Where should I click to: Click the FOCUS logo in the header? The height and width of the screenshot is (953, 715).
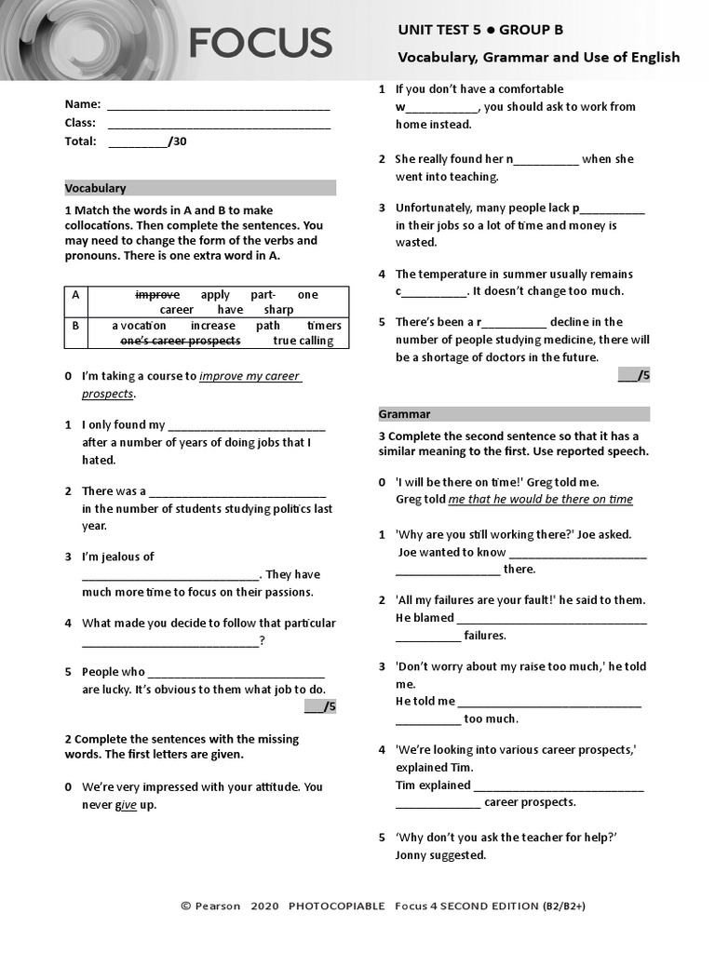(x=260, y=43)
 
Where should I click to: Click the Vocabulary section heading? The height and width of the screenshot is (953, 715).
(x=95, y=188)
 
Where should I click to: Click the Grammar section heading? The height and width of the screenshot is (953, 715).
(x=404, y=414)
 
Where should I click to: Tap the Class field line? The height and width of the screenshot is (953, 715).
(x=219, y=125)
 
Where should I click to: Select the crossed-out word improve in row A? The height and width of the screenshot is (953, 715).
(x=157, y=294)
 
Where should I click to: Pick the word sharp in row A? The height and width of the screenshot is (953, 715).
(x=277, y=309)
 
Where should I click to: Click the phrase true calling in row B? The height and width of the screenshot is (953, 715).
(x=303, y=341)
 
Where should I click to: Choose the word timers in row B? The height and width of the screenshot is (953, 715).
(x=324, y=326)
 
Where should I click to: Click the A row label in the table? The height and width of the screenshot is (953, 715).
(x=75, y=294)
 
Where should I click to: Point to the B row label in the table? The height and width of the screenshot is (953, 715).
(x=75, y=326)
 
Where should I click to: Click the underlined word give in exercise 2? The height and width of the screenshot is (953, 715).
(x=126, y=805)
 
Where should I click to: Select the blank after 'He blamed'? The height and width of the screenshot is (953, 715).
(x=552, y=619)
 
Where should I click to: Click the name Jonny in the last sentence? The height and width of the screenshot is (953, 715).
(x=411, y=855)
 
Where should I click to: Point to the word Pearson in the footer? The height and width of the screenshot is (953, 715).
(x=217, y=906)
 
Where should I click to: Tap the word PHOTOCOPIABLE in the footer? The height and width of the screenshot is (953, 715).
(x=336, y=906)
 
